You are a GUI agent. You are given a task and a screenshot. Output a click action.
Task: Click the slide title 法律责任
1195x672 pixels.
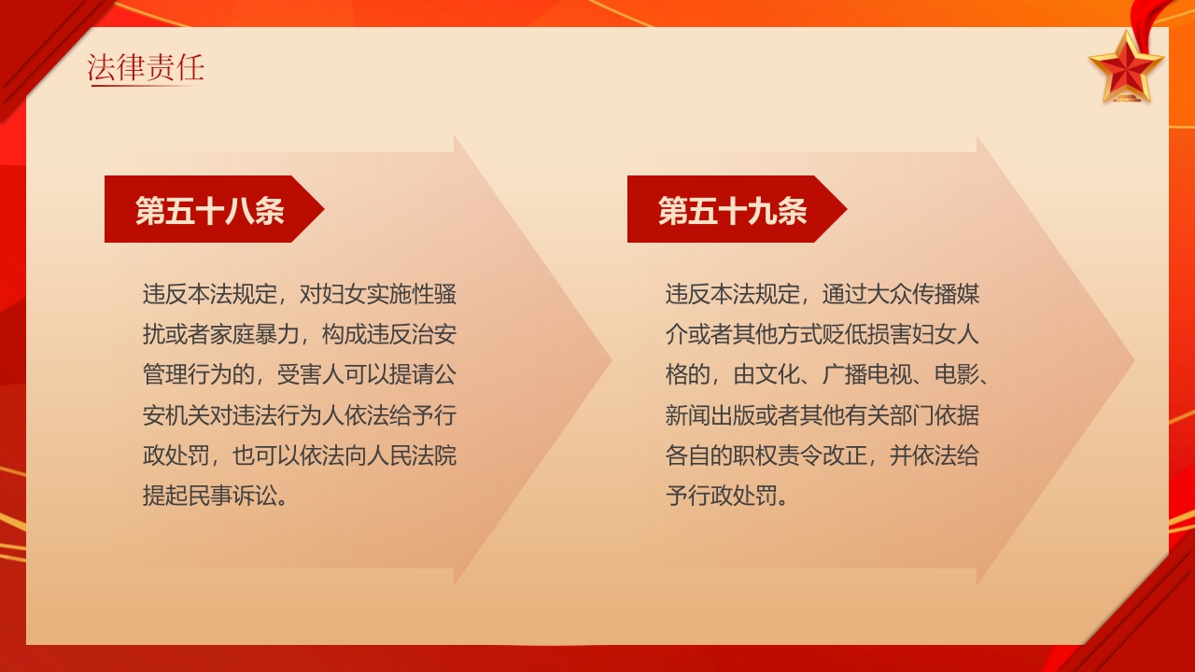click(x=146, y=68)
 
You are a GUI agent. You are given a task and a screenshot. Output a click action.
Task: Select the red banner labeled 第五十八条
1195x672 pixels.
click(x=211, y=210)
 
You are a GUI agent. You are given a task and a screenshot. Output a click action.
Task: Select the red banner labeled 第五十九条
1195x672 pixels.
click(x=734, y=210)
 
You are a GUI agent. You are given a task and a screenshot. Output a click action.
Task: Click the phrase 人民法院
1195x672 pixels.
click(x=412, y=455)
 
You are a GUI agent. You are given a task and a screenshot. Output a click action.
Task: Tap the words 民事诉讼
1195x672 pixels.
click(x=232, y=496)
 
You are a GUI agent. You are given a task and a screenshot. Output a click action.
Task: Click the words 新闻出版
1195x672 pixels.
click(x=710, y=415)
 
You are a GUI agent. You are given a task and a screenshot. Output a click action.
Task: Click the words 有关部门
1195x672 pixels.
click(x=901, y=415)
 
